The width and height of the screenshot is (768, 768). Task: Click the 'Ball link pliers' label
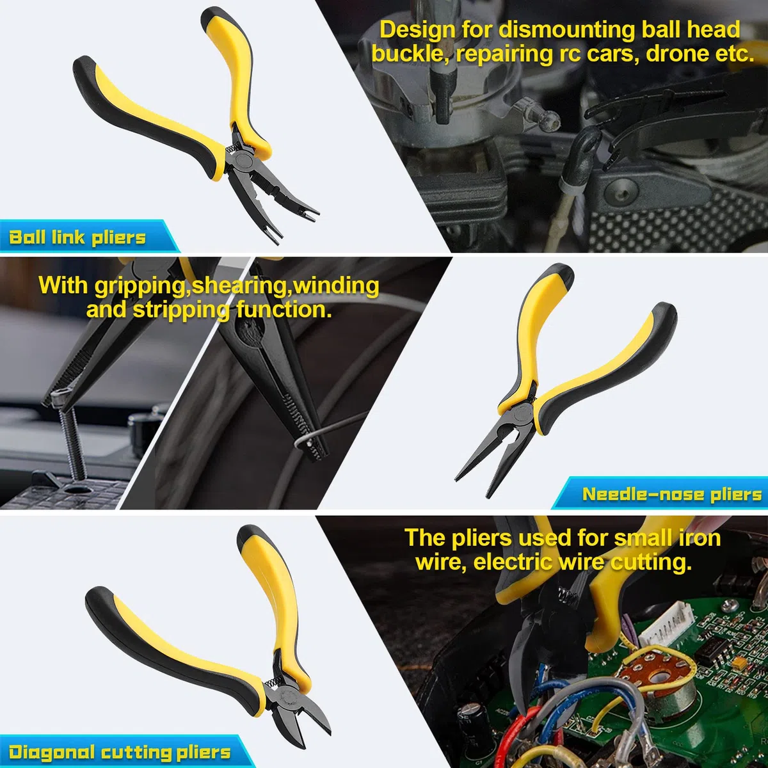tap(77, 237)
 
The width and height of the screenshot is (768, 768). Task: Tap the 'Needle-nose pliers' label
tap(672, 494)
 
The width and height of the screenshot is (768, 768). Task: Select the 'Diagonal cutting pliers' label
tap(120, 752)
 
